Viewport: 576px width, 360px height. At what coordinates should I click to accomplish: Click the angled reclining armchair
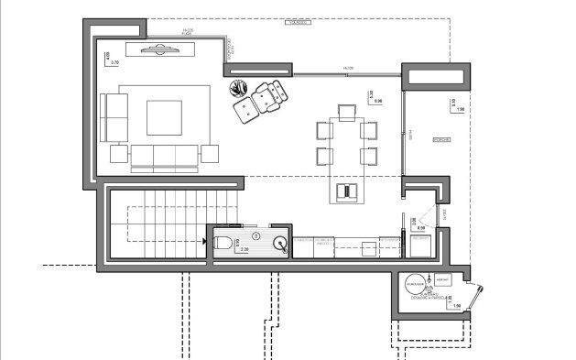268,94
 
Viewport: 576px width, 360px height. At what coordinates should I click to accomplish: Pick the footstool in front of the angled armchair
245,110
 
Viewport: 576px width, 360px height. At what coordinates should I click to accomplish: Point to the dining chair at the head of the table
346,112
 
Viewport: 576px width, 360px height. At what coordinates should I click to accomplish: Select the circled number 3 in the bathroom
256,235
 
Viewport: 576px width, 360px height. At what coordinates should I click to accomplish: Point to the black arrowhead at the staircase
203,241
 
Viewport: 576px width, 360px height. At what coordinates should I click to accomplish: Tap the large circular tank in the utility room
417,285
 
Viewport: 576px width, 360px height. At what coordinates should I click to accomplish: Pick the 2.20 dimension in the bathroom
244,248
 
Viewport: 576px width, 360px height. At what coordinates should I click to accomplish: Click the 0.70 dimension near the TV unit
115,61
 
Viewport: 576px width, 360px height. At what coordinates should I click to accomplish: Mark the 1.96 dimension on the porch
460,110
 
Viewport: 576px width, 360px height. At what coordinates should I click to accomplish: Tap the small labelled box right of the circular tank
443,278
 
